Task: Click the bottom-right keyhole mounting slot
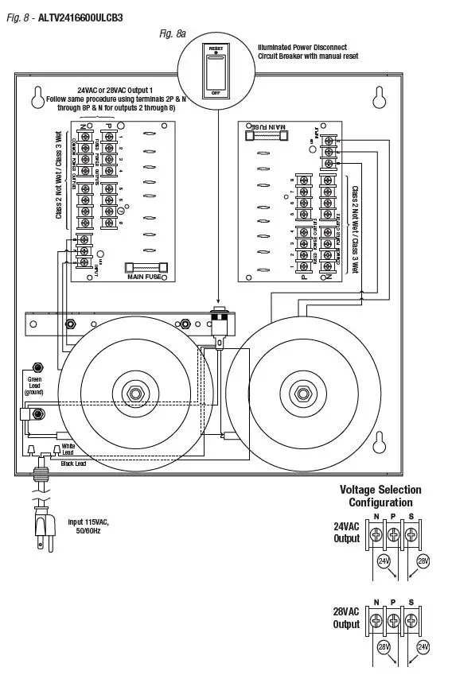[x=380, y=442]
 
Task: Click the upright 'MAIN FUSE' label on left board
[x=144, y=277]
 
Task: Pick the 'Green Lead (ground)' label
[x=34, y=386]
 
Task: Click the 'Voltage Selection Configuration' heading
[x=380, y=496]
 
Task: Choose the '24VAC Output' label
[x=346, y=532]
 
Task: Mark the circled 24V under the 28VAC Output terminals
[x=423, y=648]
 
